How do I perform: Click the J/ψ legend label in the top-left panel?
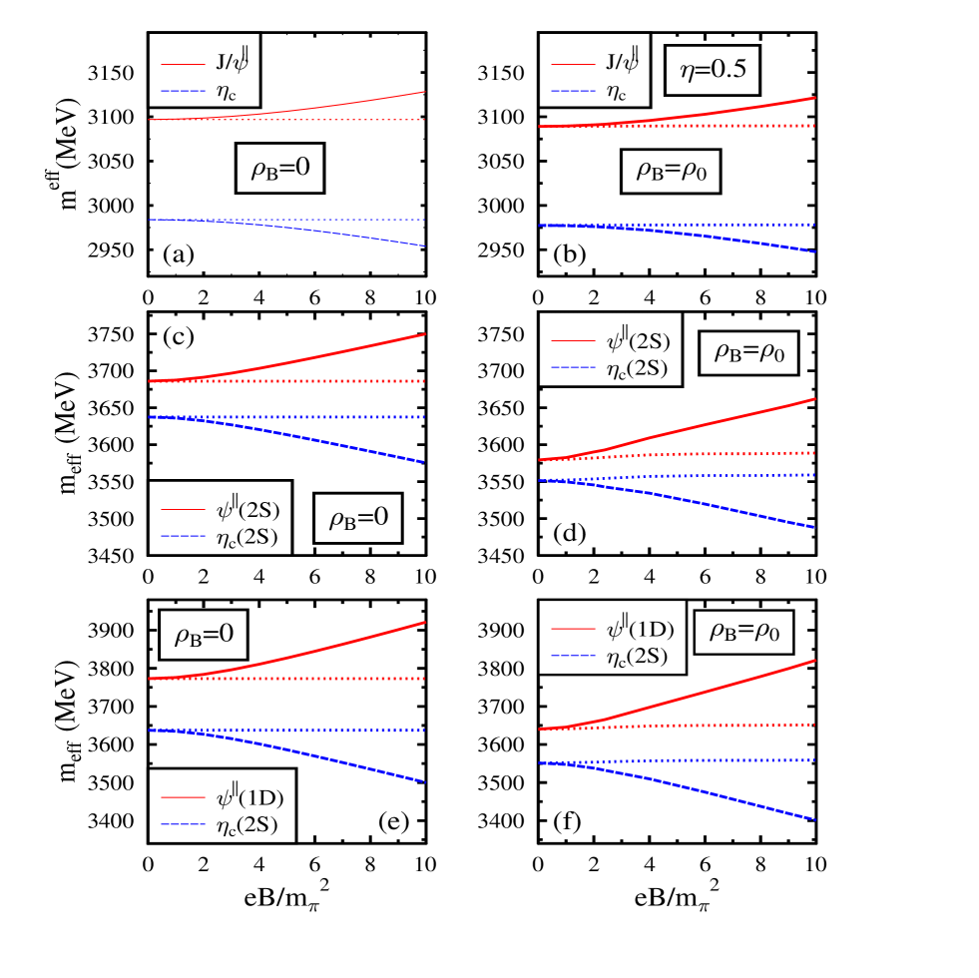(x=230, y=61)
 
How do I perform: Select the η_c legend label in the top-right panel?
(x=616, y=93)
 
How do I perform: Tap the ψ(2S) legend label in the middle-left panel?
(x=246, y=510)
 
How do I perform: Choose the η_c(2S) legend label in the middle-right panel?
(x=636, y=369)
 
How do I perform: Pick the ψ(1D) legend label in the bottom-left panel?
(x=249, y=798)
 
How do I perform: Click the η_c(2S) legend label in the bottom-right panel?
(x=636, y=657)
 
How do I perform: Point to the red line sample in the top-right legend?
(x=573, y=64)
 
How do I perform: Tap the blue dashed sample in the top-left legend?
(x=183, y=93)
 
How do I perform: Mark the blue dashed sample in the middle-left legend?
(x=183, y=538)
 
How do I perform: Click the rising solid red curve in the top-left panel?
(x=379, y=99)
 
